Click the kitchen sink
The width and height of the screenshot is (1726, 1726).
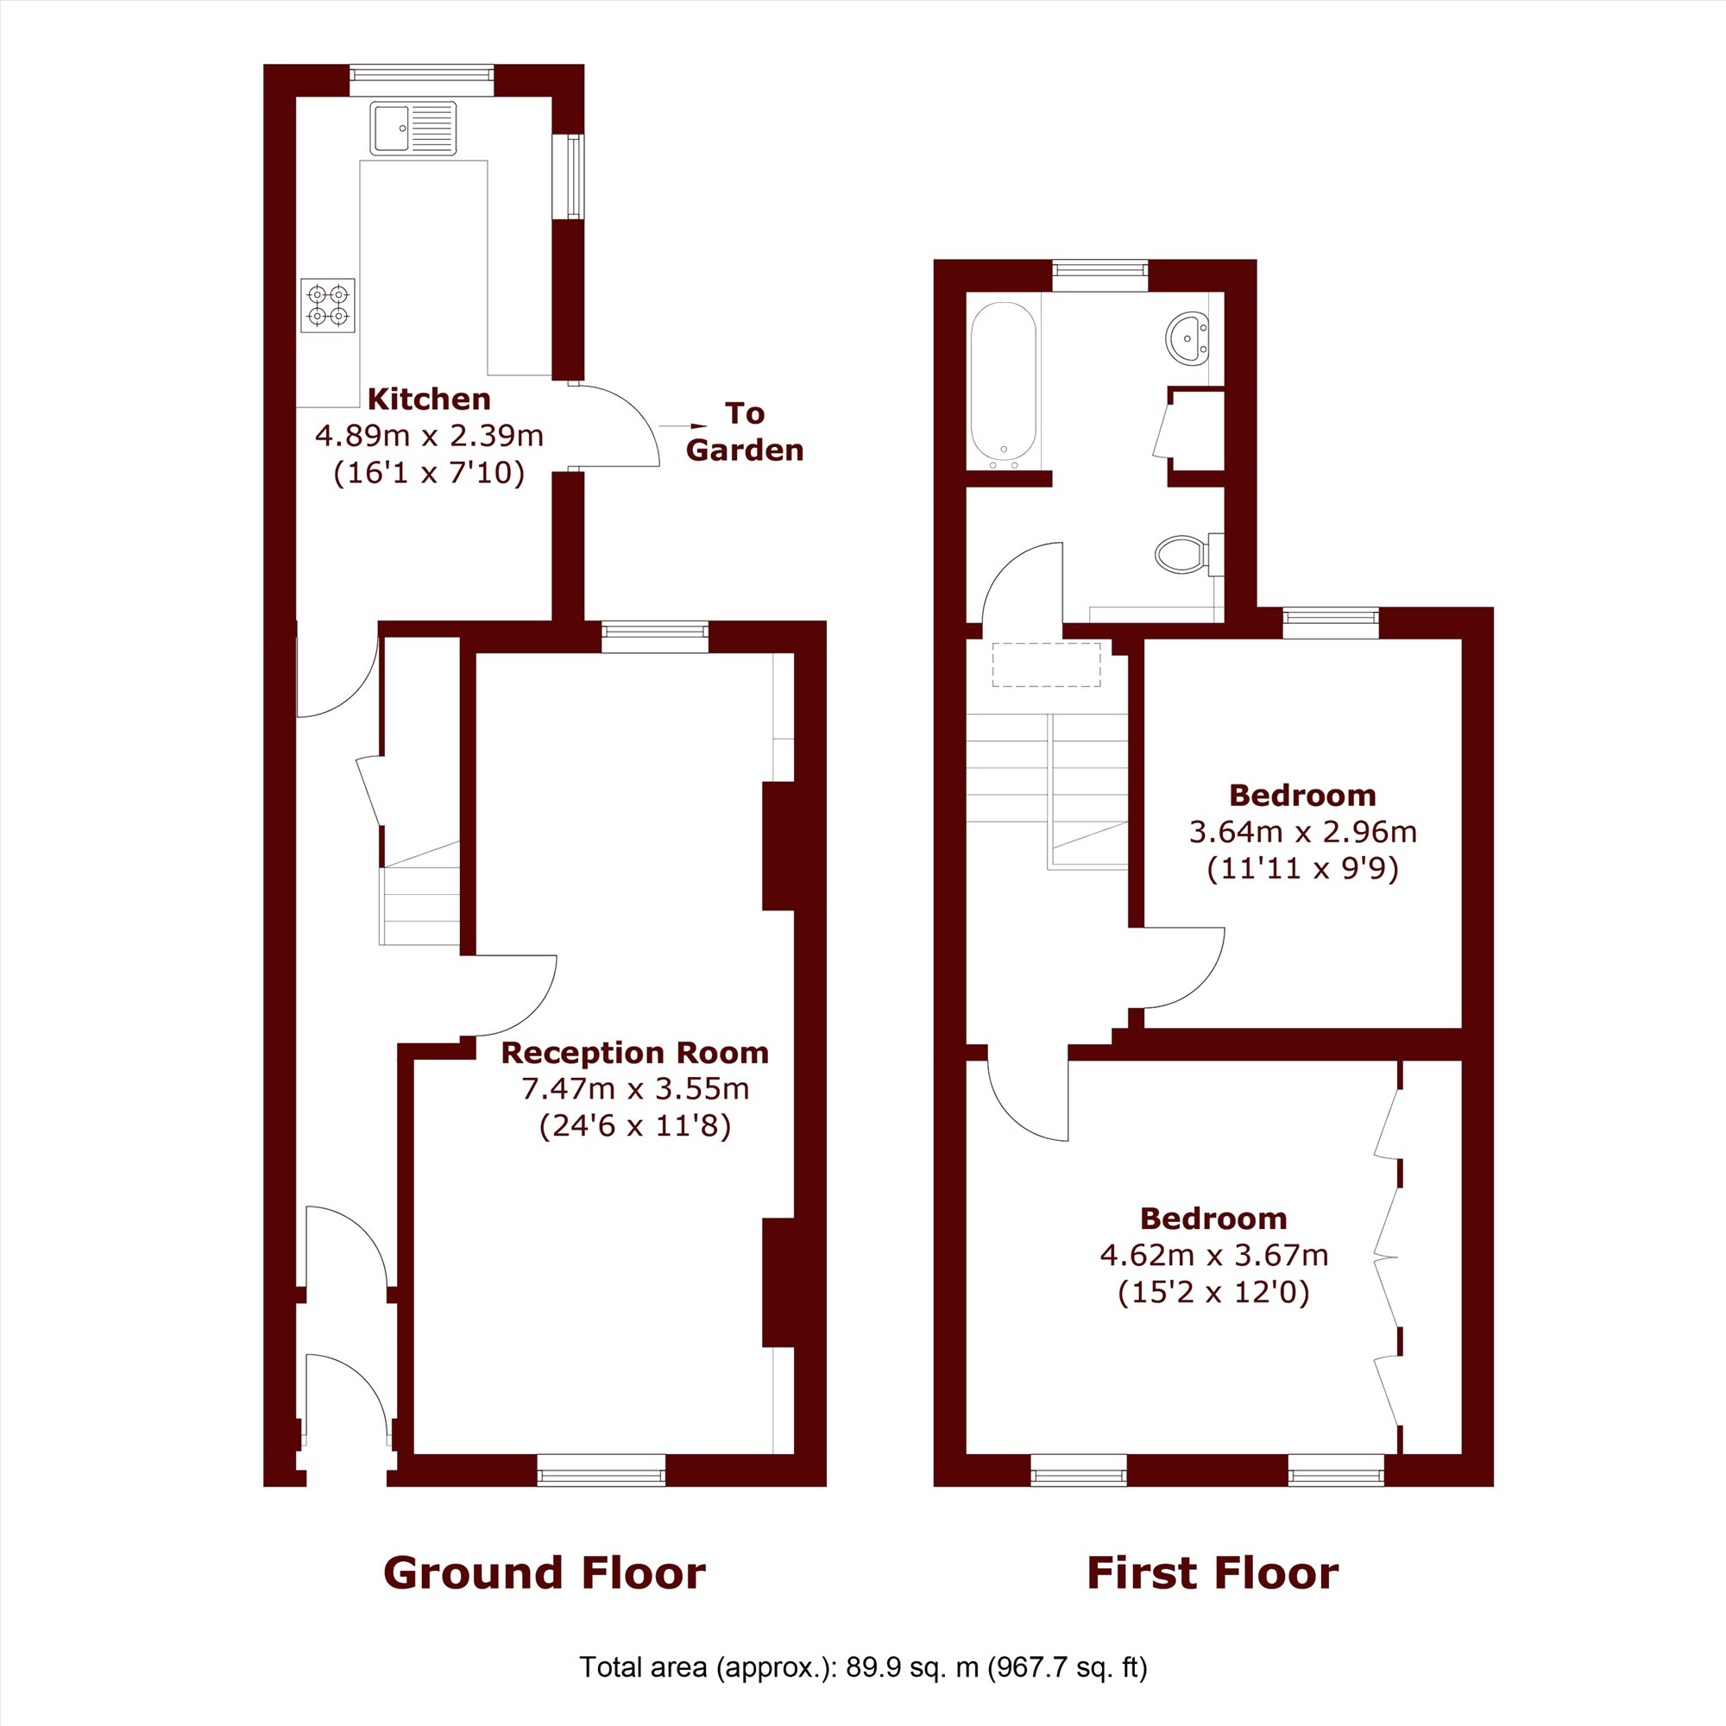413,129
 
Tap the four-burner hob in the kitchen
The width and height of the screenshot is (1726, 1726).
328,306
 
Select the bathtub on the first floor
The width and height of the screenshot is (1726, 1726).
1004,384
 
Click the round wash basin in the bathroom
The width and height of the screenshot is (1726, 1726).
1188,337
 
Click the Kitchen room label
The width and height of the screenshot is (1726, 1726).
429,399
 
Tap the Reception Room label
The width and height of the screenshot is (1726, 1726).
634,1052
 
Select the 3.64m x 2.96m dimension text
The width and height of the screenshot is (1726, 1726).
1302,832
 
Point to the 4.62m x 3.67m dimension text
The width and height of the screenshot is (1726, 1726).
1214,1255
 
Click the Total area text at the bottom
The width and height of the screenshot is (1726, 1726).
863,1667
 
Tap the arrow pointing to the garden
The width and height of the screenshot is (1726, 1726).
685,427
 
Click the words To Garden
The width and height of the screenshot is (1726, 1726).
744,431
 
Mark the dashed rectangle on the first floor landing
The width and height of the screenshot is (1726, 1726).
1046,665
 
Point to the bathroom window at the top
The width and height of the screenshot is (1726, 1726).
1099,275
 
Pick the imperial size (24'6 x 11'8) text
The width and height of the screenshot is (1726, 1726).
634,1125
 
